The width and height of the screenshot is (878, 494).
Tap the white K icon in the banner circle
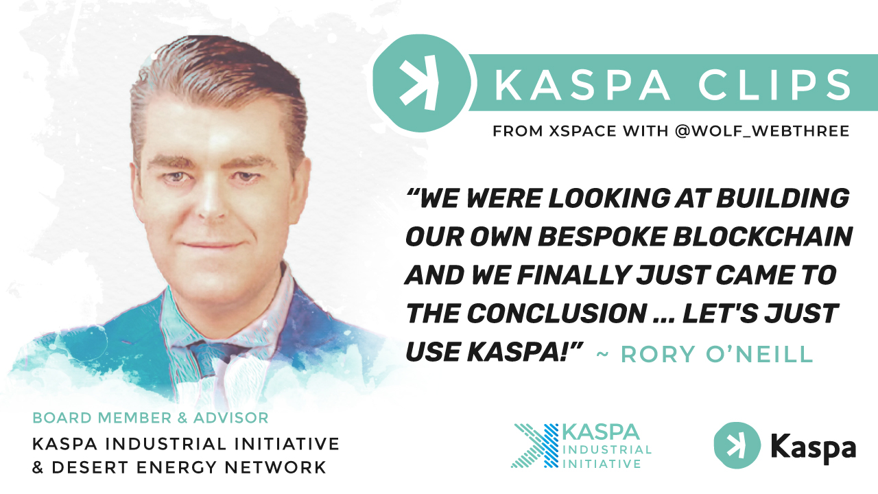click(x=419, y=84)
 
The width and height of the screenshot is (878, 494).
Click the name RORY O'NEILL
click(x=717, y=355)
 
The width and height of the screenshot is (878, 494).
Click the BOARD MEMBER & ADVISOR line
click(x=151, y=417)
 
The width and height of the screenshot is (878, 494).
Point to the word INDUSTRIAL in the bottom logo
click(x=606, y=450)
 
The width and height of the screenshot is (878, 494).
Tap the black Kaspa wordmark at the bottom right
click(x=813, y=447)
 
